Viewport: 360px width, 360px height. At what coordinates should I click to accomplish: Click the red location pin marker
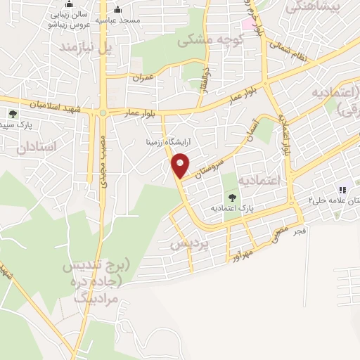181,167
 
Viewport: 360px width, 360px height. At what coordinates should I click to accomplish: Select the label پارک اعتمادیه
231,209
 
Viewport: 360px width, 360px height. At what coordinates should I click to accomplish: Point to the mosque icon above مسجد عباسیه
117,10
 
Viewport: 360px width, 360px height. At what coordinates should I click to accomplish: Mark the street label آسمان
254,129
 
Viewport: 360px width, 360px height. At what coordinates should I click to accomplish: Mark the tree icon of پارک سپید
13,113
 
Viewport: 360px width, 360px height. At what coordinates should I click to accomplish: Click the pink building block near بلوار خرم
249,22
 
